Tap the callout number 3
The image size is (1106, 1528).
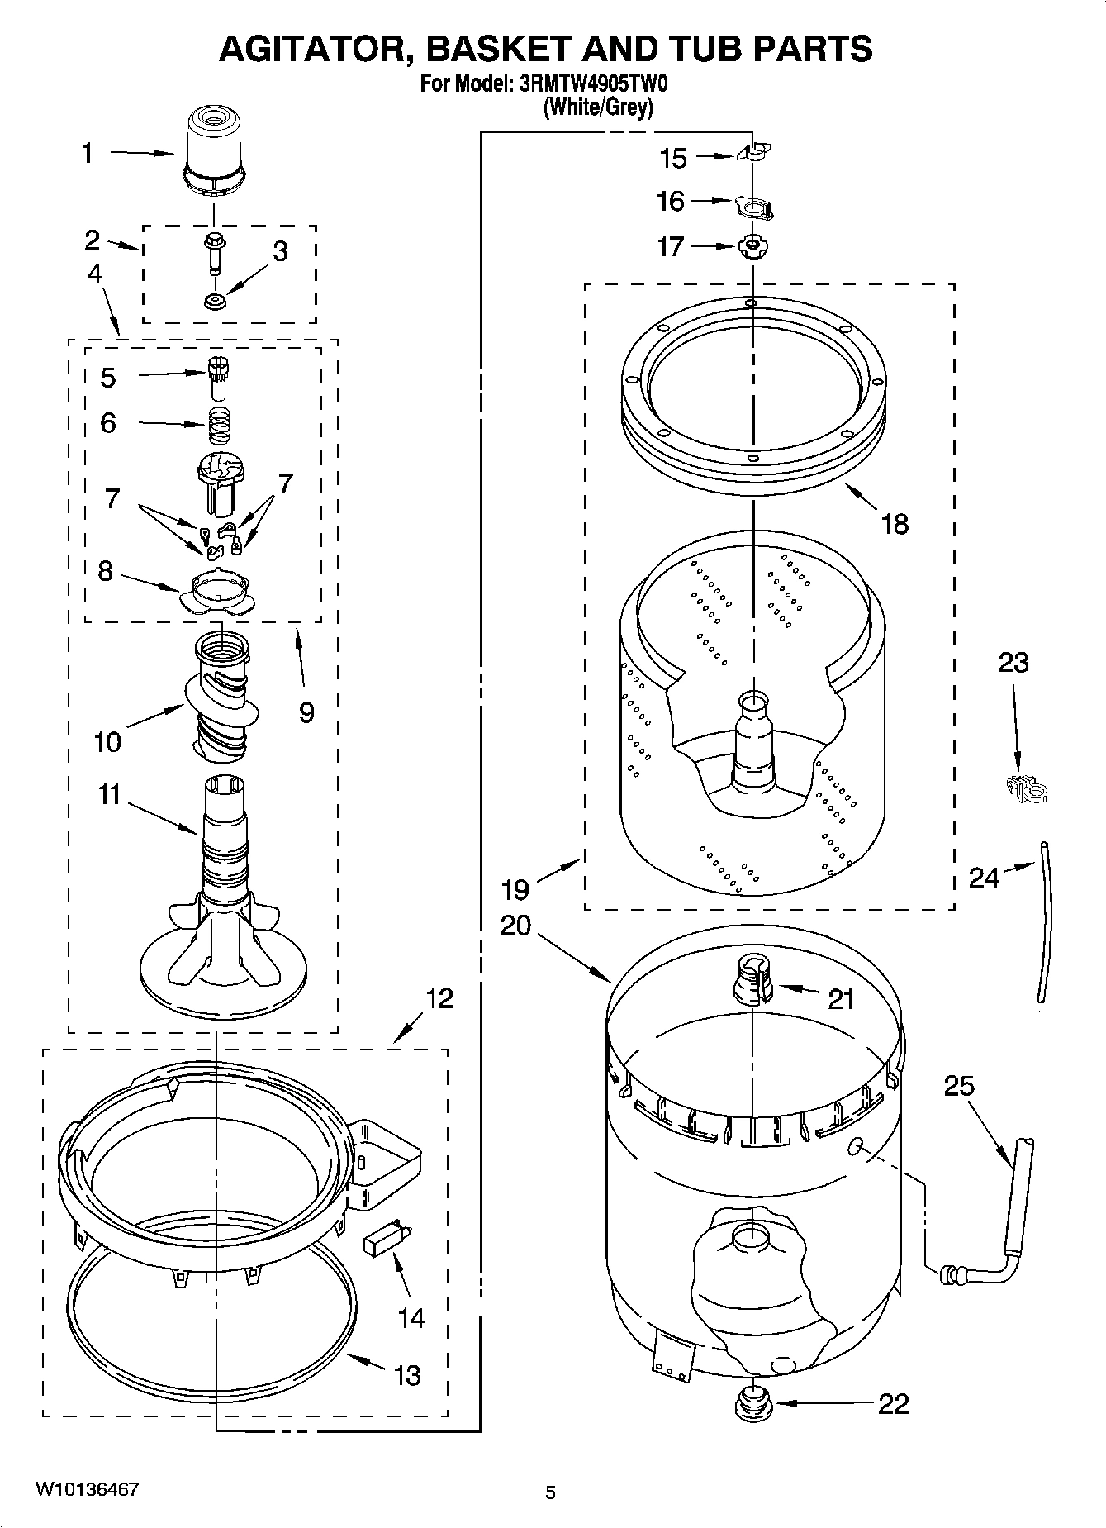click(280, 252)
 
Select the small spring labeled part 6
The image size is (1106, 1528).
click(218, 425)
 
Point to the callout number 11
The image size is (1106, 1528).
click(109, 795)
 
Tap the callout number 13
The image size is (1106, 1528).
click(407, 1376)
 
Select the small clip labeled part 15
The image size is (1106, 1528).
click(752, 152)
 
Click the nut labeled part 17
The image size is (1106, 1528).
click(751, 246)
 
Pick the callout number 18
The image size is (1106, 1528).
click(895, 523)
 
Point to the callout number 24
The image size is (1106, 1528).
click(984, 878)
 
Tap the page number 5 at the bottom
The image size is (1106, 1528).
click(551, 1492)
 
